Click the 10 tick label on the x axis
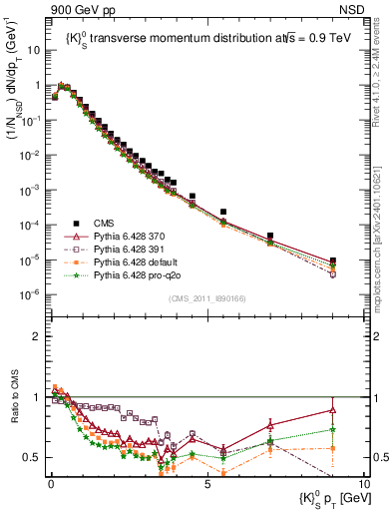363,484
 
